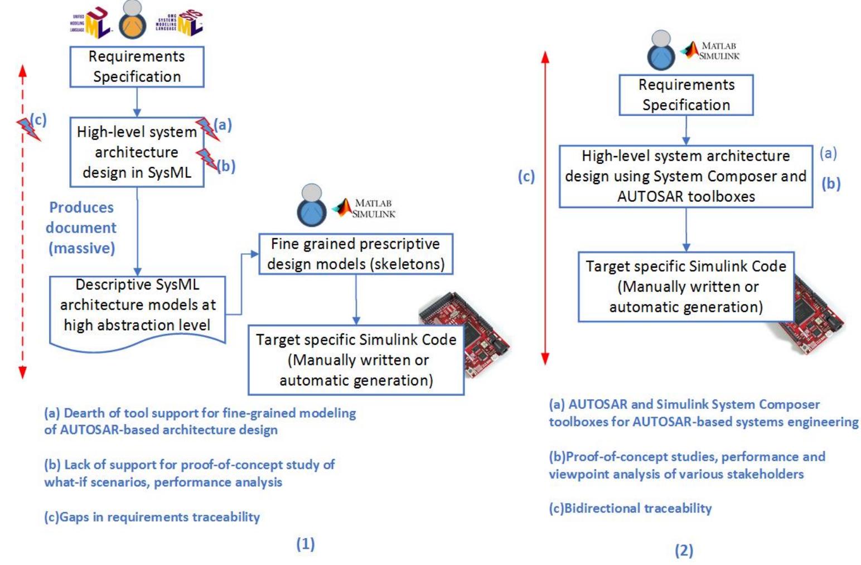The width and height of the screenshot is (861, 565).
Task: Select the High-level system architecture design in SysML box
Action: click(137, 152)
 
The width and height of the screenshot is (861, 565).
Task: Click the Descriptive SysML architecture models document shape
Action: click(137, 307)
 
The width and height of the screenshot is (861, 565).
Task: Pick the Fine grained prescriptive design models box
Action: click(355, 254)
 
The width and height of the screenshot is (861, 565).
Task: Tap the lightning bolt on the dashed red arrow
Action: click(27, 129)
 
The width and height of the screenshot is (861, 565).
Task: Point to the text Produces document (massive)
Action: click(81, 228)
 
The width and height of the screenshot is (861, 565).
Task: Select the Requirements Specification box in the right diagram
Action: click(686, 95)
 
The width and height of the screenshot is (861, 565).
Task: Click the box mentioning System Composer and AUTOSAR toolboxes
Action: click(685, 176)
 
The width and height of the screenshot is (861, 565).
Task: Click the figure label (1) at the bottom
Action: click(305, 543)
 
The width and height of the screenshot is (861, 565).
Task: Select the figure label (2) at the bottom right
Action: click(684, 550)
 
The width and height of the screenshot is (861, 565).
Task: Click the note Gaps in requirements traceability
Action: click(152, 517)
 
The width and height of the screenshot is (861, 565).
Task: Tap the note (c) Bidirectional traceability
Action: click(630, 508)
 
